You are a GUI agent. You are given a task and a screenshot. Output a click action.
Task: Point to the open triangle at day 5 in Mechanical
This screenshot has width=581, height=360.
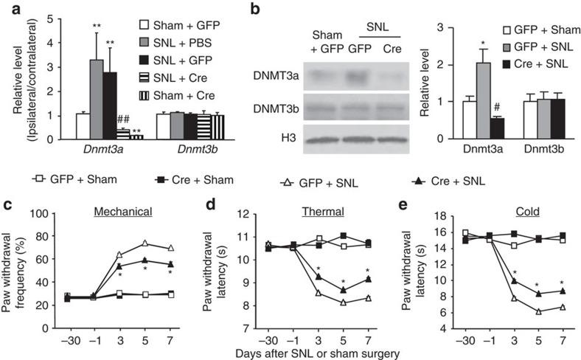point(146,243)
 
